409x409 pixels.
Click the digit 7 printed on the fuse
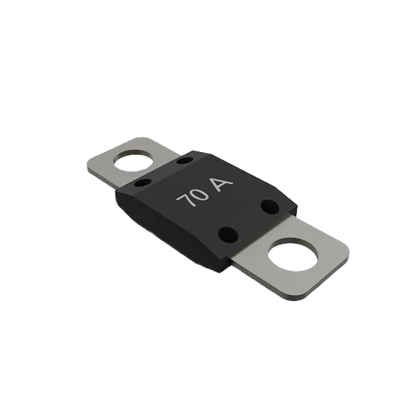tap(184, 199)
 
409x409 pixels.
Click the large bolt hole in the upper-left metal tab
tap(133, 163)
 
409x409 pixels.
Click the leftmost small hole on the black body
tap(143, 182)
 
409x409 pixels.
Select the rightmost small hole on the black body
tap(270, 207)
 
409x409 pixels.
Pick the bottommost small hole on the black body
tap(228, 234)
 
